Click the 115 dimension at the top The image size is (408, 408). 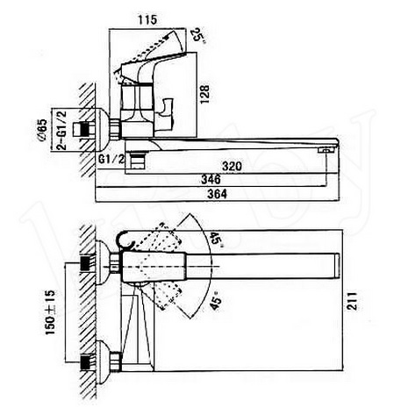click(147, 19)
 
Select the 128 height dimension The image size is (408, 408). click(204, 94)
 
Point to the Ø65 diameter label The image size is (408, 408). click(42, 130)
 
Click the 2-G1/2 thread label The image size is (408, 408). click(62, 130)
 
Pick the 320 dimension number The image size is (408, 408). click(232, 166)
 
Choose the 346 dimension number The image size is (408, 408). click(211, 179)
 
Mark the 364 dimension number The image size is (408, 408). click(217, 194)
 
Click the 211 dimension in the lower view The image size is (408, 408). click(352, 301)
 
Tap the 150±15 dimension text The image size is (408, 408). click(50, 312)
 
